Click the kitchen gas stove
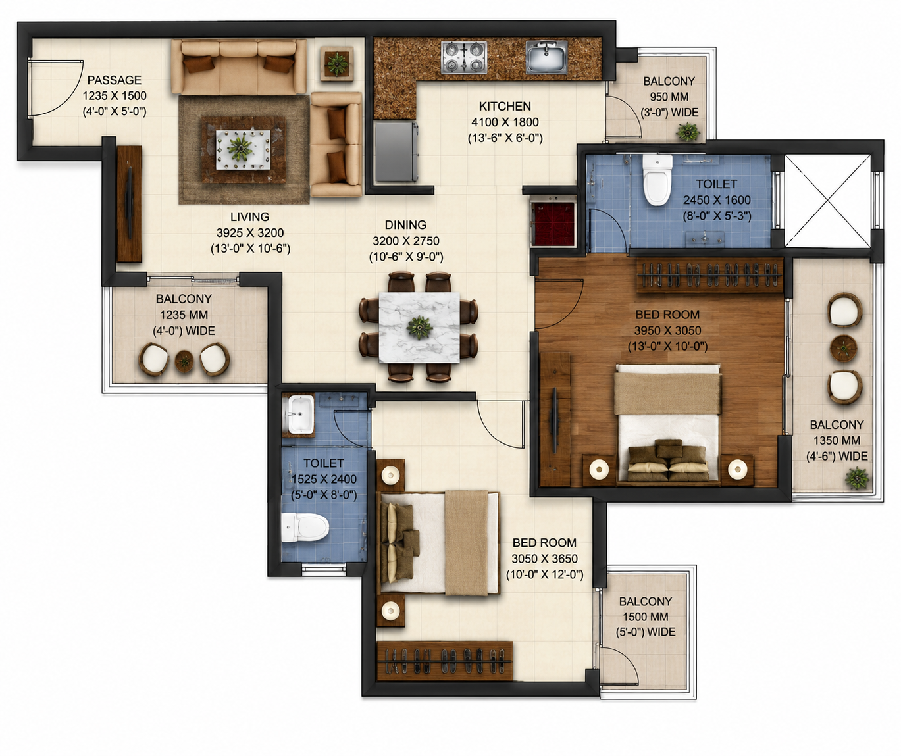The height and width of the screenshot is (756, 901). [464, 57]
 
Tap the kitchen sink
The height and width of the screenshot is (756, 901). [546, 57]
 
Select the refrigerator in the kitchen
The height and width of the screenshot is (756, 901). [396, 151]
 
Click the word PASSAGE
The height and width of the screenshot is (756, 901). [115, 80]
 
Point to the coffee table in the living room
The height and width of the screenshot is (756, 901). [244, 149]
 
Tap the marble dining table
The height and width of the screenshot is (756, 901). [419, 328]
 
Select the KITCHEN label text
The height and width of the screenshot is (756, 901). [505, 106]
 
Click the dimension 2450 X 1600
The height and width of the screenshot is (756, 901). [717, 200]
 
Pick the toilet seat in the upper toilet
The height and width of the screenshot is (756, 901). [657, 180]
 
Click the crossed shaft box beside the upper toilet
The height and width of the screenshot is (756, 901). [827, 201]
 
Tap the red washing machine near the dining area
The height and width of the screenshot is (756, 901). [553, 224]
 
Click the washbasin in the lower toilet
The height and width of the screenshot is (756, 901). [301, 415]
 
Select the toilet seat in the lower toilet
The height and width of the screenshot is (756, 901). [305, 527]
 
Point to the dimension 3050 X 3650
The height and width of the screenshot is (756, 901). [544, 559]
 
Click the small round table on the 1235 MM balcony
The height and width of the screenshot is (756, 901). [184, 361]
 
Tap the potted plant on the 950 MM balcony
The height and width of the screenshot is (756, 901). [687, 131]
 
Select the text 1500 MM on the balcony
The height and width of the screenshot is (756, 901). [645, 617]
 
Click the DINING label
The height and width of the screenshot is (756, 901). [405, 225]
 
